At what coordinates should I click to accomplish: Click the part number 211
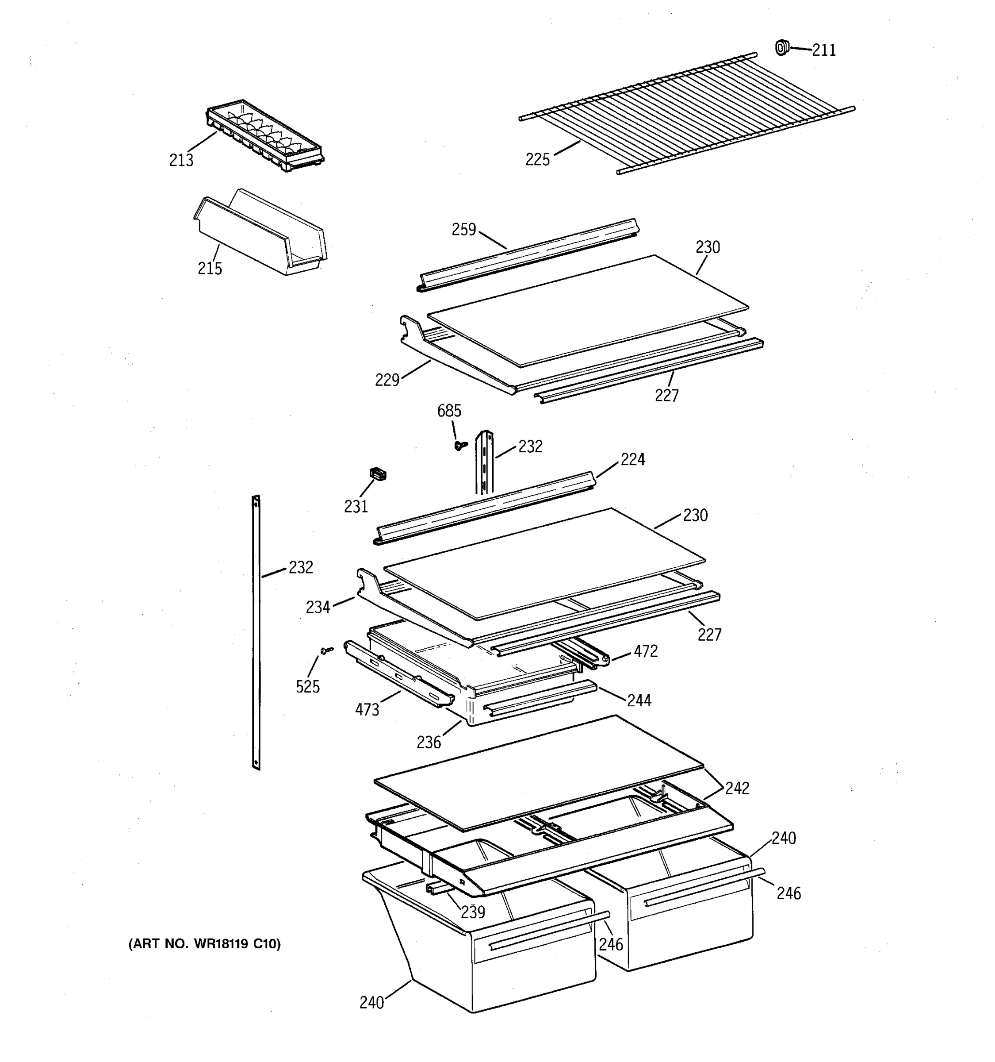(x=824, y=50)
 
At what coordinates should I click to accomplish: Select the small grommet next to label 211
(x=781, y=47)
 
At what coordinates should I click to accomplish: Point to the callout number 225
(x=537, y=160)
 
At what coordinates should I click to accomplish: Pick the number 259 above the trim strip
(x=463, y=230)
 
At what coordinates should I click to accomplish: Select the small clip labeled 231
(x=378, y=474)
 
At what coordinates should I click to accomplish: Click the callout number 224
(x=632, y=459)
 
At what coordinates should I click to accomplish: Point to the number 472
(x=645, y=651)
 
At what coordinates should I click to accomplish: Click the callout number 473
(x=367, y=710)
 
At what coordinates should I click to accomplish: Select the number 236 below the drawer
(x=429, y=742)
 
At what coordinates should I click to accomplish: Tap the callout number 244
(x=639, y=700)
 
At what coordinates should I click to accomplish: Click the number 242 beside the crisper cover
(x=737, y=788)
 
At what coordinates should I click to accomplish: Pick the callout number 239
(x=472, y=912)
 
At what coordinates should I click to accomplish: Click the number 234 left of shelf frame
(x=318, y=608)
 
